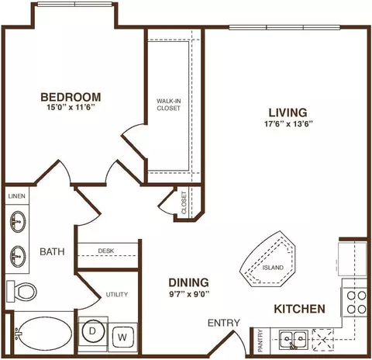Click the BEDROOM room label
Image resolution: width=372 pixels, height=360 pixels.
[71, 97]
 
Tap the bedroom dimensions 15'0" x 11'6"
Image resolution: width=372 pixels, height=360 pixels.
[70, 108]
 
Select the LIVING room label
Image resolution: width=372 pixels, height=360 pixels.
[288, 112]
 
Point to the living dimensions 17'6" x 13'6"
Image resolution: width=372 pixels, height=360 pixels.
[288, 124]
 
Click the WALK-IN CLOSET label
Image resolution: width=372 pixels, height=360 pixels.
[168, 105]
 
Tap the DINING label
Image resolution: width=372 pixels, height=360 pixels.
[188, 282]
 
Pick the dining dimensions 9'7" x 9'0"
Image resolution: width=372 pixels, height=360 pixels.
[189, 294]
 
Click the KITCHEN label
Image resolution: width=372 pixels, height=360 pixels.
[299, 309]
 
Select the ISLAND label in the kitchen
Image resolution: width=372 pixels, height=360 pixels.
[273, 268]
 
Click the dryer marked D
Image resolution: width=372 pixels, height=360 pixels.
[93, 332]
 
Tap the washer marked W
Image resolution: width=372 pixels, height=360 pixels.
[122, 337]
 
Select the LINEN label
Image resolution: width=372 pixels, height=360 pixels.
[17, 196]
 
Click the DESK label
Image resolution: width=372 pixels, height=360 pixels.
[106, 251]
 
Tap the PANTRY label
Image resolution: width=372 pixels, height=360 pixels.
[260, 341]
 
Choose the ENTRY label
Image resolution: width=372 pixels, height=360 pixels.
[224, 323]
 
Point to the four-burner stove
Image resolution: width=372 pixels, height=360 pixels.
[356, 303]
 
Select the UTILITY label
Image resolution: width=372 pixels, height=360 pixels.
[117, 294]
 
